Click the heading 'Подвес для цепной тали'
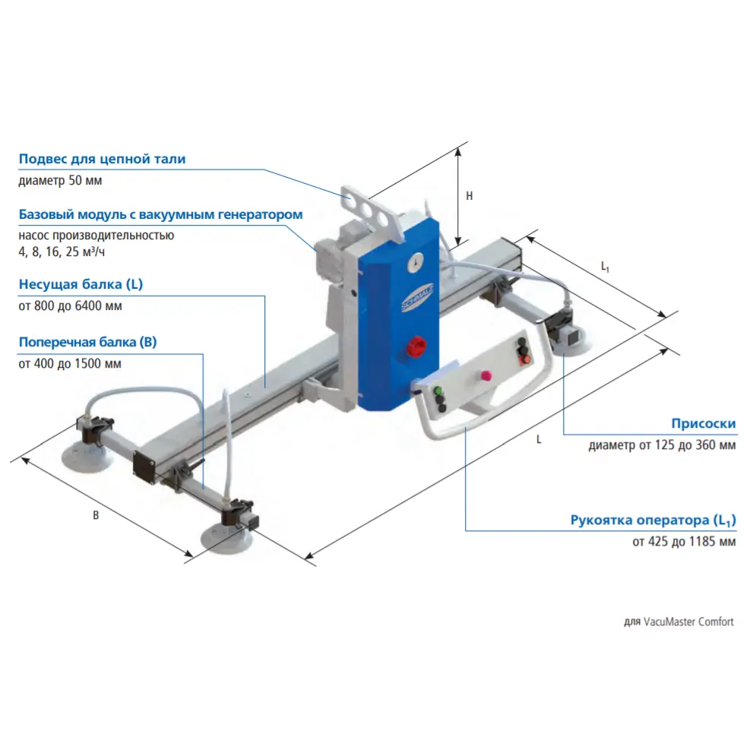pyautogui.click(x=102, y=160)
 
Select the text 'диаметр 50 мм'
pyautogui.click(x=60, y=181)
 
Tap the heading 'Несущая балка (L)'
pyautogui.click(x=81, y=285)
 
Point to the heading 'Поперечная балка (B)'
pyautogui.click(x=87, y=342)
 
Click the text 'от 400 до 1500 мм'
pyautogui.click(x=69, y=363)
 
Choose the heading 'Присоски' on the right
pyautogui.click(x=703, y=424)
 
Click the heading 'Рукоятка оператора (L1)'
pyautogui.click(x=653, y=521)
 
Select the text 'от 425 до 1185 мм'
pyautogui.click(x=683, y=542)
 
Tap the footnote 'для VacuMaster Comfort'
pyautogui.click(x=679, y=622)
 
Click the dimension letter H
pyautogui.click(x=470, y=196)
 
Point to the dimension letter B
pyautogui.click(x=96, y=515)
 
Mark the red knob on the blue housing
pyautogui.click(x=417, y=346)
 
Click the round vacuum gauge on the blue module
pyautogui.click(x=416, y=261)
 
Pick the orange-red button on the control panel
pyautogui.click(x=524, y=360)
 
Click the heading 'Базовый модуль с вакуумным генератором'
pyautogui.click(x=160, y=214)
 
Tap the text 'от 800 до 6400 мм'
pyautogui.click(x=69, y=306)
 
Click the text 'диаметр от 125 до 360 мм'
pyautogui.click(x=661, y=445)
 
